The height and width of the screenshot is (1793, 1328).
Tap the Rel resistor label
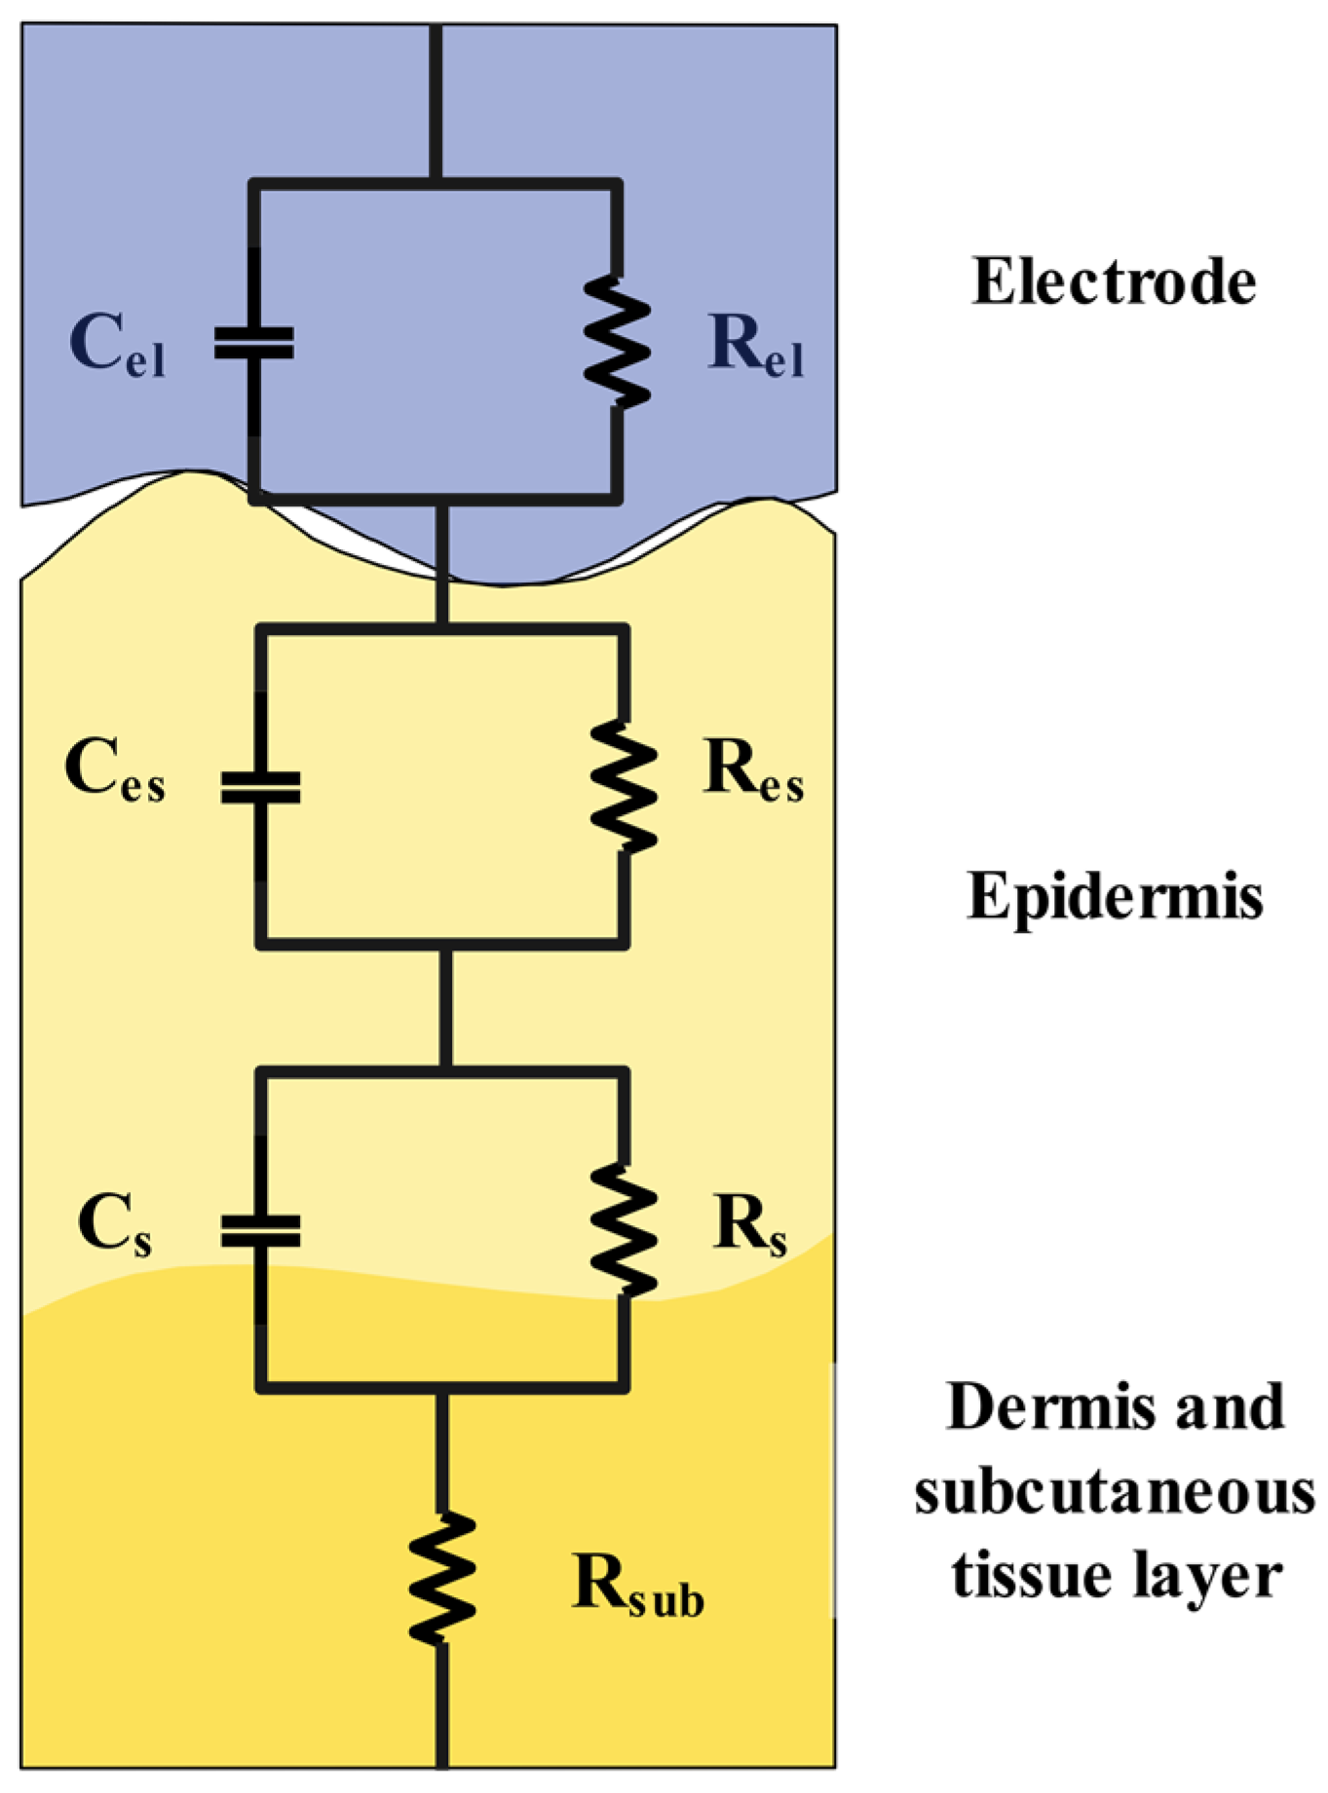pos(756,346)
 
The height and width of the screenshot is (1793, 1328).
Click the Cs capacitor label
pos(115,1225)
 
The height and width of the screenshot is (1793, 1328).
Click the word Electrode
pos(1115,282)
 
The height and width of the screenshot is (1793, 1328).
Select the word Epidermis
pos(1115,897)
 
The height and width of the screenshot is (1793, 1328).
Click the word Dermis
pos(1039,1408)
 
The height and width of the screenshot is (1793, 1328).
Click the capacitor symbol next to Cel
pos(254,343)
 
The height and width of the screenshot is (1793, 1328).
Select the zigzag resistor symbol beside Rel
pos(616,341)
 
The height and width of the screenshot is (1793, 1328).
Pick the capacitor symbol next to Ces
pos(260,787)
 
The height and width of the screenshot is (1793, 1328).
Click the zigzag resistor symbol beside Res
pos(623,787)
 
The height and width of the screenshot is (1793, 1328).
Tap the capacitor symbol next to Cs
pos(260,1231)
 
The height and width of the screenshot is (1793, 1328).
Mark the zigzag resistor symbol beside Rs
pos(623,1229)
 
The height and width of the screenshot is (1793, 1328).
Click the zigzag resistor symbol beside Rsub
pos(441,1579)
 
